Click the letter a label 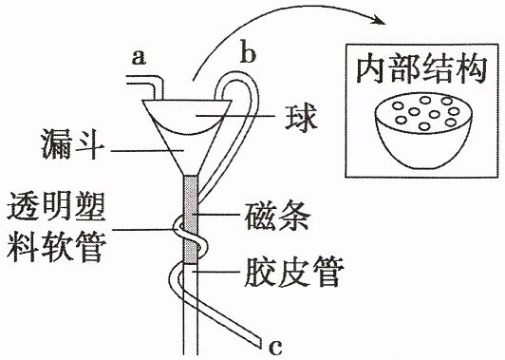[x=139, y=59]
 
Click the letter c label [x=275, y=347]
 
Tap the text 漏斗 [x=73, y=144]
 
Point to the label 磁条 [x=277, y=216]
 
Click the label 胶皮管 [x=292, y=272]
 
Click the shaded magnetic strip [x=190, y=219]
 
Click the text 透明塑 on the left [x=56, y=206]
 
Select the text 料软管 [x=56, y=248]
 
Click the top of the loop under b [x=237, y=74]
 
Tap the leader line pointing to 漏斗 [x=147, y=150]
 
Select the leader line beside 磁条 [x=216, y=215]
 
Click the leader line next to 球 [x=235, y=115]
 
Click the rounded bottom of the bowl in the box [x=423, y=167]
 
